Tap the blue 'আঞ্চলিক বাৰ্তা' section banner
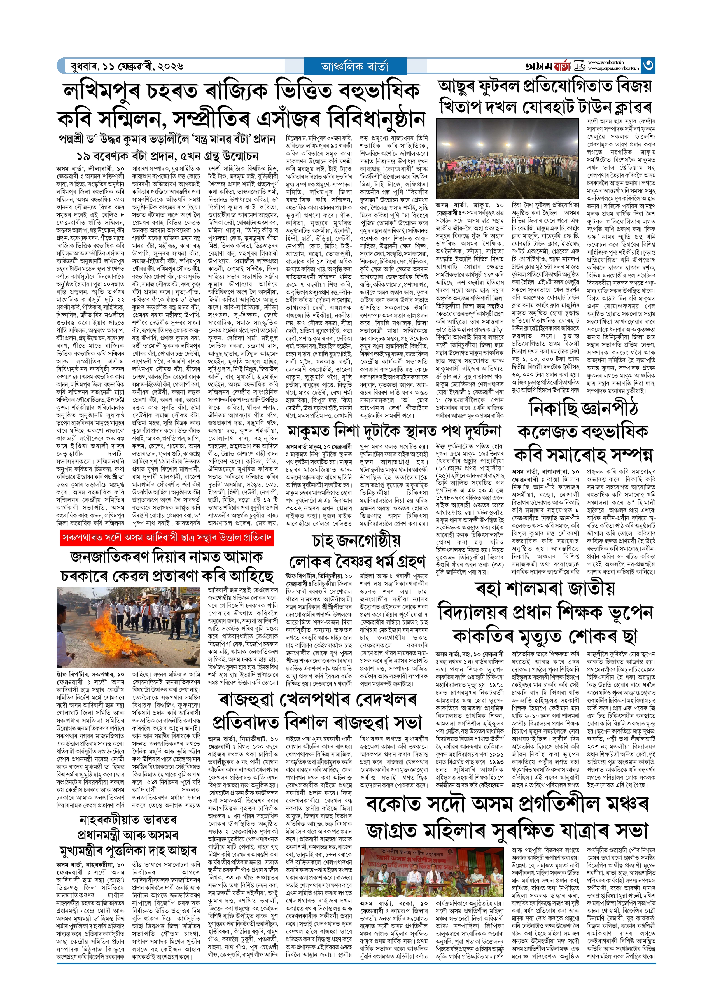(355, 66)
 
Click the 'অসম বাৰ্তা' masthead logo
(547, 66)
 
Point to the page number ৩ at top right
(648, 66)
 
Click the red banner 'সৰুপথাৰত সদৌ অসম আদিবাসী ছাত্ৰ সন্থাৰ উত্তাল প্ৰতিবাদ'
(167, 538)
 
